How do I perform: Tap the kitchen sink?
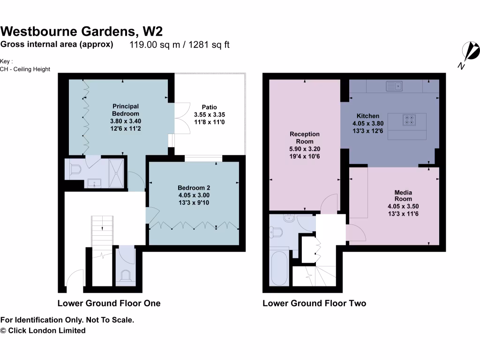[x=394, y=86]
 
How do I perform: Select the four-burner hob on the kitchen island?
[x=409, y=120]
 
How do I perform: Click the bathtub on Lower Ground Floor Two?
[x=279, y=269]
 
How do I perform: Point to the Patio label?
[x=210, y=107]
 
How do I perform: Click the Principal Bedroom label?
[x=125, y=110]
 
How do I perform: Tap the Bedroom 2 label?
[x=194, y=187]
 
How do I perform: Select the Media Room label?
[x=403, y=195]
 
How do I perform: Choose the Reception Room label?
[x=305, y=137]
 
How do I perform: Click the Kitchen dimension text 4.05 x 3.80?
[x=368, y=124]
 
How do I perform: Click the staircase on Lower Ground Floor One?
[x=102, y=230]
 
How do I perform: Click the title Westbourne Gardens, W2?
[x=82, y=31]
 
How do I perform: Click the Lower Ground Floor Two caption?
[x=314, y=303]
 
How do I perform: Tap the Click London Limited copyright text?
[x=43, y=330]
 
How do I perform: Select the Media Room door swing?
[x=352, y=233]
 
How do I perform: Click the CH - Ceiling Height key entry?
[x=25, y=69]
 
